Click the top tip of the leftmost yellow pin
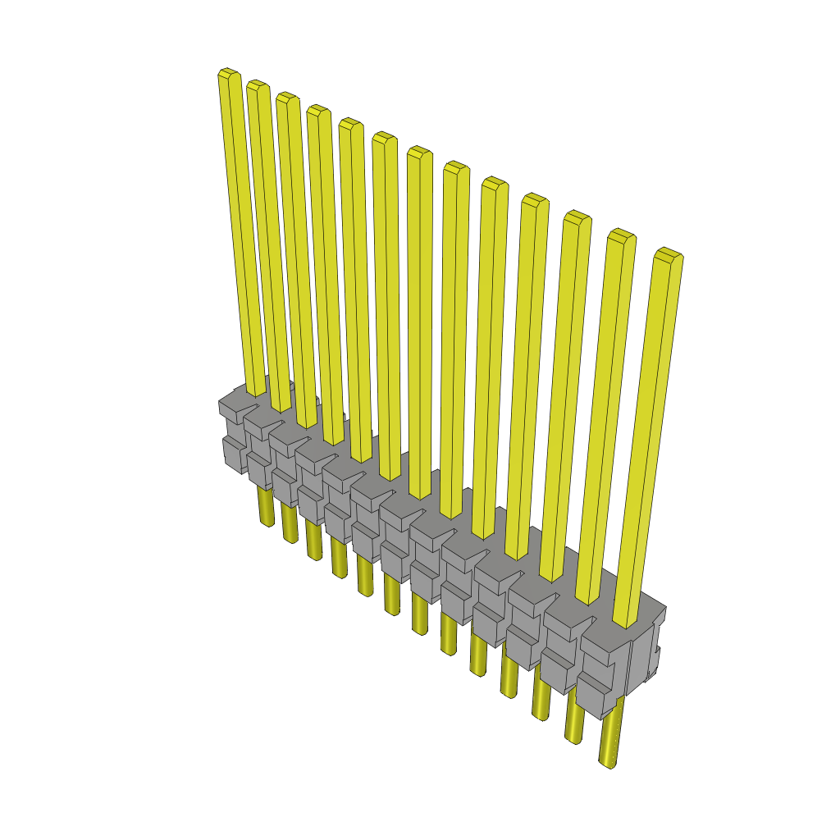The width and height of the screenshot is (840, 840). pyautogui.click(x=229, y=74)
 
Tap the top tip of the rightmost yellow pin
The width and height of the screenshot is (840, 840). pyautogui.click(x=669, y=253)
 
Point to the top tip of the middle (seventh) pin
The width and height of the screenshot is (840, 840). pyautogui.click(x=419, y=151)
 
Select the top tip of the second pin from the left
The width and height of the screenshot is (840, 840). pyautogui.click(x=258, y=84)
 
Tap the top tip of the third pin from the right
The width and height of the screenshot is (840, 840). pyautogui.click(x=577, y=217)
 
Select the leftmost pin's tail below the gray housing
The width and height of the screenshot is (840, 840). pyautogui.click(x=266, y=507)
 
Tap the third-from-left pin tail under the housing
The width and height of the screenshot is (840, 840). pyautogui.click(x=313, y=541)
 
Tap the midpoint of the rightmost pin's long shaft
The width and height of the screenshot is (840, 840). pyautogui.click(x=648, y=435)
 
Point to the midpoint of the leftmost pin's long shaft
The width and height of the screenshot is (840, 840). pyautogui.click(x=242, y=230)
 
